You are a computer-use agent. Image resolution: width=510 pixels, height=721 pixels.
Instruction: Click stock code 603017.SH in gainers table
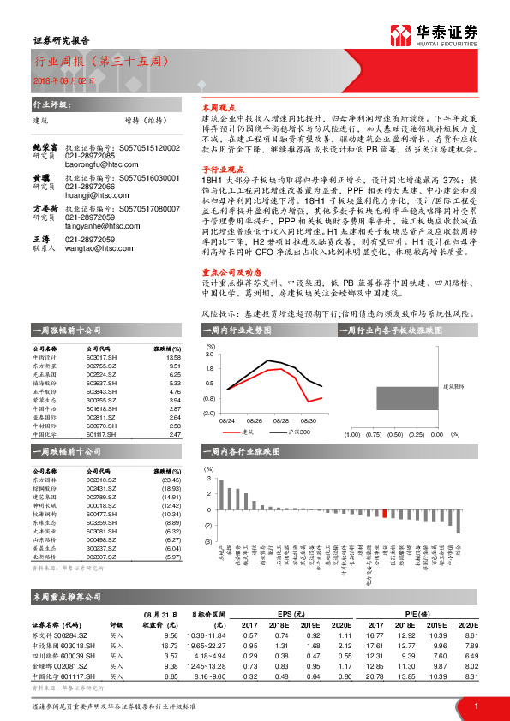(103, 357)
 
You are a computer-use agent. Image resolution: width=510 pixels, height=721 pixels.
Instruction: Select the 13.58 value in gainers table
(174, 357)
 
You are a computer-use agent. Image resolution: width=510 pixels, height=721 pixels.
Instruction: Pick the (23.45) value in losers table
(172, 480)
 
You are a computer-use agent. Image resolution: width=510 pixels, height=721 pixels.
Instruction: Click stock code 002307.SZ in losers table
(103, 557)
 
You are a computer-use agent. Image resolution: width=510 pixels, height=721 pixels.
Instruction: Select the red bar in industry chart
(385, 512)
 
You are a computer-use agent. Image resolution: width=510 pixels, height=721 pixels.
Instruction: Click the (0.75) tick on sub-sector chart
(374, 435)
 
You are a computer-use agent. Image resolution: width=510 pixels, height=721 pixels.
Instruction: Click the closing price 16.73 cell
(170, 645)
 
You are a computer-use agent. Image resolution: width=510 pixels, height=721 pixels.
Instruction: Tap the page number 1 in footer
(475, 705)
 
